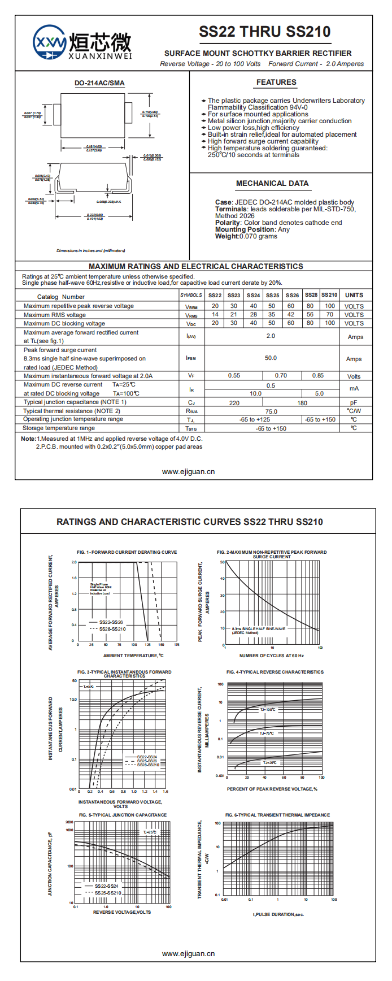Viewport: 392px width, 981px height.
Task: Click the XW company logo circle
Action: pyautogui.click(x=49, y=41)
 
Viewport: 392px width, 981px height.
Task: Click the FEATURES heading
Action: pyautogui.click(x=276, y=83)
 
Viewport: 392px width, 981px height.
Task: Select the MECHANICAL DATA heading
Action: pyautogui.click(x=272, y=184)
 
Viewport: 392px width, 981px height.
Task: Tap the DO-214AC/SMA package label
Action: pyautogui.click(x=99, y=83)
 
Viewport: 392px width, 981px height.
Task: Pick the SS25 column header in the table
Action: pyautogui.click(x=272, y=295)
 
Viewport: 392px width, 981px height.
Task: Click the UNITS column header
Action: pyautogui.click(x=354, y=295)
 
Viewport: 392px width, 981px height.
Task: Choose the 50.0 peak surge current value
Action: pyautogui.click(x=271, y=358)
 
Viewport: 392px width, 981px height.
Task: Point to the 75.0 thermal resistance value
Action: pyautogui.click(x=271, y=411)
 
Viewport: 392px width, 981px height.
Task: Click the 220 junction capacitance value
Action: pyautogui.click(x=234, y=403)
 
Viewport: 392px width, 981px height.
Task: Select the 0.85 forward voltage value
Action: pyautogui.click(x=318, y=376)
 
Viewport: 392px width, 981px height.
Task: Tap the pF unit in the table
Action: pyautogui.click(x=354, y=403)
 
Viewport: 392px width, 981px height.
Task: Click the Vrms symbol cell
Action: pyautogui.click(x=191, y=315)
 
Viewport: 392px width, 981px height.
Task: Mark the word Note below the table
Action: pyautogui.click(x=28, y=439)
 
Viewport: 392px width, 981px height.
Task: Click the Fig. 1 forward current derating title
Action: pyautogui.click(x=127, y=552)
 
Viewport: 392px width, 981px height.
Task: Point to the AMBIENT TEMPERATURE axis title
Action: pyautogui.click(x=133, y=656)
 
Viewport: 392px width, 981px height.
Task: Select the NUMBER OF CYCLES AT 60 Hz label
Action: pyautogui.click(x=271, y=656)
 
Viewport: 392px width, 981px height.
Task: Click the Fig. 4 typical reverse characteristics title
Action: pyautogui.click(x=275, y=672)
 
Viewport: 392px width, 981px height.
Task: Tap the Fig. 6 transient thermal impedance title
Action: pyautogui.click(x=277, y=815)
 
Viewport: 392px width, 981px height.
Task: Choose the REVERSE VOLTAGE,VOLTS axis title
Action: pyautogui.click(x=122, y=912)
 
